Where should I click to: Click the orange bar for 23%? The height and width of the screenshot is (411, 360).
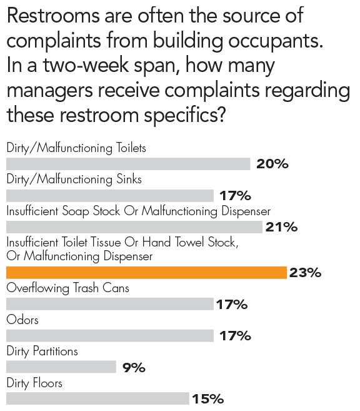(146, 273)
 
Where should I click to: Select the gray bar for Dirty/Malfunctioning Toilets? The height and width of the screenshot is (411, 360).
(128, 164)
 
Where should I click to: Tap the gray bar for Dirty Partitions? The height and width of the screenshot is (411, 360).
(61, 367)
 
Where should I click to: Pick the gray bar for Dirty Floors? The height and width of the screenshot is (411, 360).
(97, 398)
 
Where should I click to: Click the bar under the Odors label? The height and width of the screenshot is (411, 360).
(110, 336)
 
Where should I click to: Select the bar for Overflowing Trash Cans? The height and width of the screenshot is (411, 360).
(110, 304)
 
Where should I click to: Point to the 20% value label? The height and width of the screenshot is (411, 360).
(272, 164)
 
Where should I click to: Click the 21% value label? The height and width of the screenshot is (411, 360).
(281, 227)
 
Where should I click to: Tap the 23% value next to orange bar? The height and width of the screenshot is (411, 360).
(305, 273)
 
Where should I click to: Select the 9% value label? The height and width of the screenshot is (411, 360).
(134, 368)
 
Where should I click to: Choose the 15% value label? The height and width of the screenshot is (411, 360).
(208, 399)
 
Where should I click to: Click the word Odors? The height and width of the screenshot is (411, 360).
(22, 320)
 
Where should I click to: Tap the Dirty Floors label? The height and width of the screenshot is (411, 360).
(34, 383)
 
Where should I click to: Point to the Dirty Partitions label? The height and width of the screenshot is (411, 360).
(42, 352)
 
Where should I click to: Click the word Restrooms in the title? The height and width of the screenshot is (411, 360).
(53, 16)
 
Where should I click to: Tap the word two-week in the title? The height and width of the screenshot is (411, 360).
(86, 65)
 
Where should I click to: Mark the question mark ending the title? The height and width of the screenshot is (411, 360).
(221, 114)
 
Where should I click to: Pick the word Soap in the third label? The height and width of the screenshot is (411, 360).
(76, 211)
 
